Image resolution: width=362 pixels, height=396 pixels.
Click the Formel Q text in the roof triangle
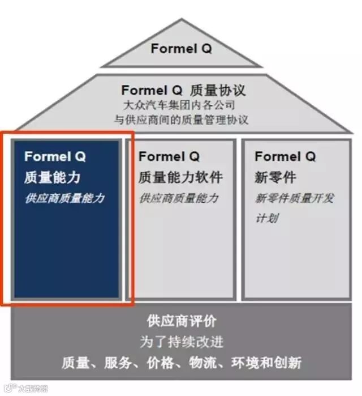[181, 49]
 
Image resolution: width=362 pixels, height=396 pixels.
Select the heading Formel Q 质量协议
[183, 91]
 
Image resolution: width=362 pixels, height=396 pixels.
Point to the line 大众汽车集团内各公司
[179, 105]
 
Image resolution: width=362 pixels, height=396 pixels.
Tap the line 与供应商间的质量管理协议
[181, 120]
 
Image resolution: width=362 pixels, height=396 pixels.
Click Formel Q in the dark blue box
[55, 156]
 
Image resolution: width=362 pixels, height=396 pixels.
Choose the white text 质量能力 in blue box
[52, 177]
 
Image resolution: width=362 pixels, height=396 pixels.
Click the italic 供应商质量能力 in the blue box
[64, 198]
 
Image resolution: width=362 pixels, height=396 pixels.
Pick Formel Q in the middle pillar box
[169, 156]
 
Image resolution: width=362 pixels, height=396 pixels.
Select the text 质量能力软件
[180, 177]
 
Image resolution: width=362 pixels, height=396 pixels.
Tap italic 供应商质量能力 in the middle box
[178, 198]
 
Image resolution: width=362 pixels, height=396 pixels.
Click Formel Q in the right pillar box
[285, 156]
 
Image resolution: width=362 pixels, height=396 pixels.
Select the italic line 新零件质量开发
[295, 198]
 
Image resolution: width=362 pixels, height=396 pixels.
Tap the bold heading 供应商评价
[181, 321]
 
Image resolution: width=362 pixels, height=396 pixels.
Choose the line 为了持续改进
[181, 342]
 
